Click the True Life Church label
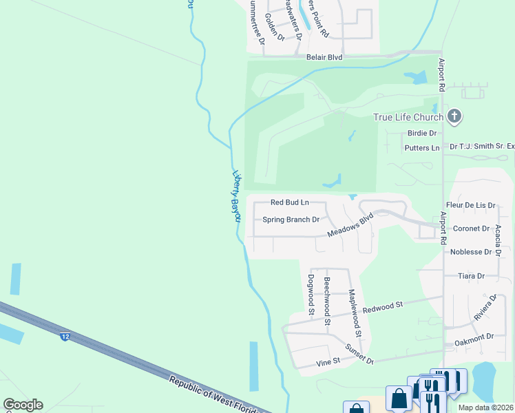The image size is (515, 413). pyautogui.click(x=408, y=117)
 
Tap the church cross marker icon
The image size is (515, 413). pyautogui.click(x=454, y=117)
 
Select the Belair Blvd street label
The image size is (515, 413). pyautogui.click(x=324, y=58)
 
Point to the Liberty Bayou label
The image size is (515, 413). pyautogui.click(x=235, y=196)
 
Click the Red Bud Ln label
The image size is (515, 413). pyautogui.click(x=289, y=202)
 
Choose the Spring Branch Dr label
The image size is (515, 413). pyautogui.click(x=291, y=220)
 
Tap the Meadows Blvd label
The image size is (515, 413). pyautogui.click(x=350, y=225)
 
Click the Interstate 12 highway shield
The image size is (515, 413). pyautogui.click(x=65, y=337)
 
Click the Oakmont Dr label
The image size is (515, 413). pyautogui.click(x=474, y=337)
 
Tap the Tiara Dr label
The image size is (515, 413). pyautogui.click(x=472, y=276)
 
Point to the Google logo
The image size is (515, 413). pyautogui.click(x=23, y=405)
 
